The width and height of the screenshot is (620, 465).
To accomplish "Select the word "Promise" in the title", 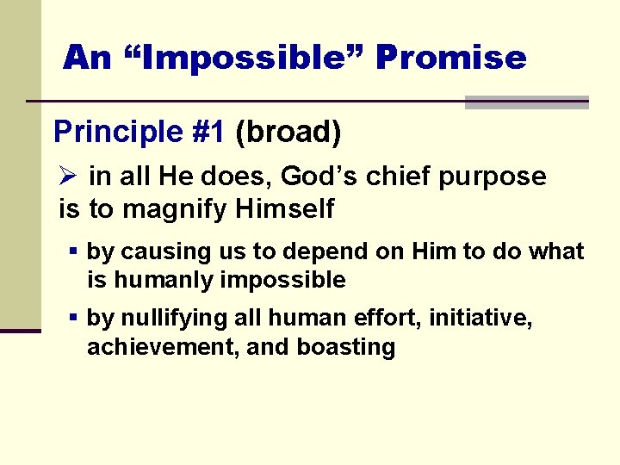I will click(x=450, y=58).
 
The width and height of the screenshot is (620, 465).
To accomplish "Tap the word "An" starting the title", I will click(x=87, y=58).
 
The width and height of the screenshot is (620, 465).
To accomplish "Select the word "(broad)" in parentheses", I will click(x=288, y=133).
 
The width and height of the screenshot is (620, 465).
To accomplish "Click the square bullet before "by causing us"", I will click(x=74, y=251).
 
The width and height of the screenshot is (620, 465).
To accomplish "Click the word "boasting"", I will click(x=346, y=348).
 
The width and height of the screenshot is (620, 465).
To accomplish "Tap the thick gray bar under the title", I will click(x=526, y=102).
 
